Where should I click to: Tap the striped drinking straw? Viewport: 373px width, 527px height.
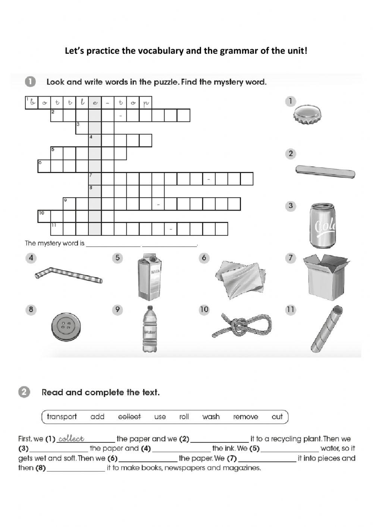click(x=69, y=276)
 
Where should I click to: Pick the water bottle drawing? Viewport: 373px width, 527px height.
click(x=150, y=329)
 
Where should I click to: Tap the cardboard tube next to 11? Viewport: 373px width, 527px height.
click(x=327, y=329)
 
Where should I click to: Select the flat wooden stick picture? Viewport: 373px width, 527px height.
click(x=325, y=172)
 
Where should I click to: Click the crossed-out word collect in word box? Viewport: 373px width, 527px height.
click(x=129, y=417)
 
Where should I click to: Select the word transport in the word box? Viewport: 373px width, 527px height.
click(x=62, y=417)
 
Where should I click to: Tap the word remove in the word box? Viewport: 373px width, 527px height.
click(x=245, y=417)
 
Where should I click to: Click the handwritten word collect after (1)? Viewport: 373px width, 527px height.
click(x=71, y=439)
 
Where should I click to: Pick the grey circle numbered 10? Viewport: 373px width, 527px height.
click(x=204, y=310)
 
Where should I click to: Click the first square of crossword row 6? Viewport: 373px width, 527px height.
click(x=44, y=166)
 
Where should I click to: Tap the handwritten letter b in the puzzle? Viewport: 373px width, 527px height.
click(x=32, y=102)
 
